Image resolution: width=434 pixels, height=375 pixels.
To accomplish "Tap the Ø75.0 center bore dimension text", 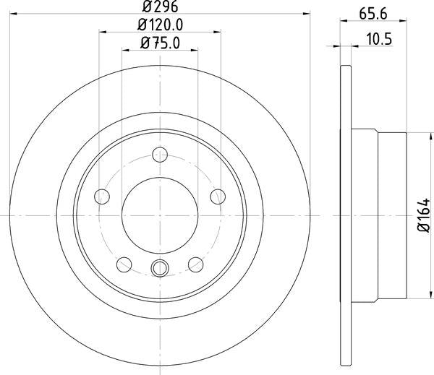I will tap(159, 43).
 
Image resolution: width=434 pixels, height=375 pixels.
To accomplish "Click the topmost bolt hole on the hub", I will tap(160, 153).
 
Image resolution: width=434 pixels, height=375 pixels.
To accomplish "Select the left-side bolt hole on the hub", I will tap(103, 196).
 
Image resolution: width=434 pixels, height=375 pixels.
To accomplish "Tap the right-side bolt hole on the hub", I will tap(216, 196).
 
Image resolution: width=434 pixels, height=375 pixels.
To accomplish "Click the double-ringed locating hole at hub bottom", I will tap(159, 268).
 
